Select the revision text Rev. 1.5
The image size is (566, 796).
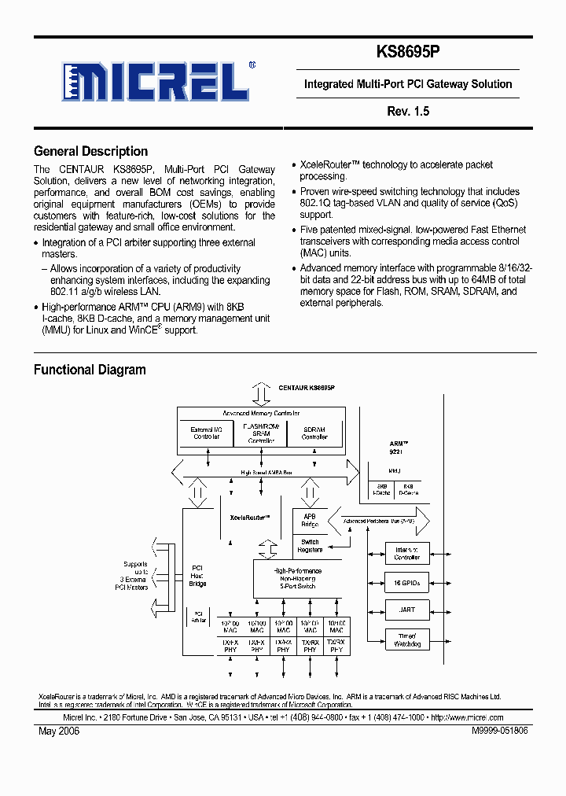coord(407,112)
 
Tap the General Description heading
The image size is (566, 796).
coord(90,152)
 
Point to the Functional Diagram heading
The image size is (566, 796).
coord(90,370)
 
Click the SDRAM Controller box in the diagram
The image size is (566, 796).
coord(314,433)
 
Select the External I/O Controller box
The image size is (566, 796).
coord(207,433)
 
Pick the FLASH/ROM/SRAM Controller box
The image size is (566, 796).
coord(261,433)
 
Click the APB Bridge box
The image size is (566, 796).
coord(310,520)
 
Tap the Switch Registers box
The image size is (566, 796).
coord(310,546)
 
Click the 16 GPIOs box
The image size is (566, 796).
coord(407,584)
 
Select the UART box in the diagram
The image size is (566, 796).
coord(407,610)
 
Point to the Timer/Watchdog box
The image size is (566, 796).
coord(407,639)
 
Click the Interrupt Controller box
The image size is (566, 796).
coord(407,553)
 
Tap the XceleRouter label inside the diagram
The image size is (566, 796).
coord(250,518)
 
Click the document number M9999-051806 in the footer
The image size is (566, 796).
coord(500,731)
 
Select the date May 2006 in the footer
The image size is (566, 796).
coord(59,731)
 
